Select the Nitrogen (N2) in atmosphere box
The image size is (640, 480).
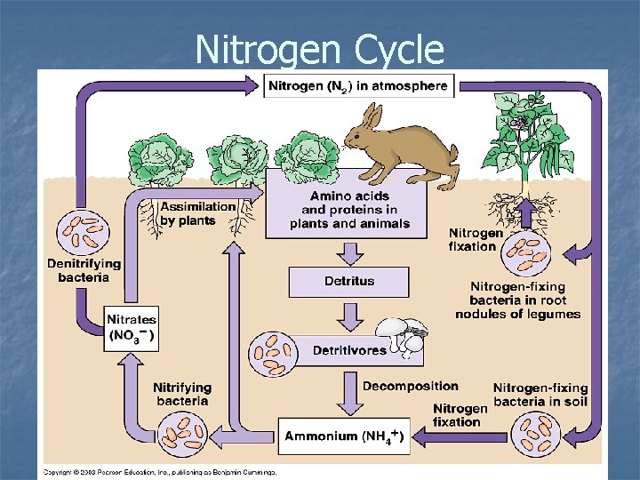point(359,86)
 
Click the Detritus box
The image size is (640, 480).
point(348,282)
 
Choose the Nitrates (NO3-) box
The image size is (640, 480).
point(131,327)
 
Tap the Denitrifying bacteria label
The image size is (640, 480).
point(84,270)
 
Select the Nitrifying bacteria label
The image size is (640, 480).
point(181,394)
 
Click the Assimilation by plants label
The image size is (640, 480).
point(197,212)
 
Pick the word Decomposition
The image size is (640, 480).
point(410,386)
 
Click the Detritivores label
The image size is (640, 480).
point(349,350)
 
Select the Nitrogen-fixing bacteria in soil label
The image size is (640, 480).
point(540,395)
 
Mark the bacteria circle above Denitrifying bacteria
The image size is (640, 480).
point(82,231)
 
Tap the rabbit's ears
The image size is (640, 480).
point(372,116)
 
